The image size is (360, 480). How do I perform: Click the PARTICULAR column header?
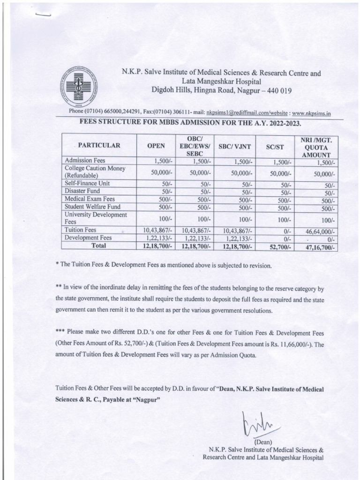[99, 146]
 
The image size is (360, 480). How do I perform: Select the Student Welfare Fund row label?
[92, 207]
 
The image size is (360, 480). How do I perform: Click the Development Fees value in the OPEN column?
[157, 238]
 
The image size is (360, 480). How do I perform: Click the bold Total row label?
[99, 246]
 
